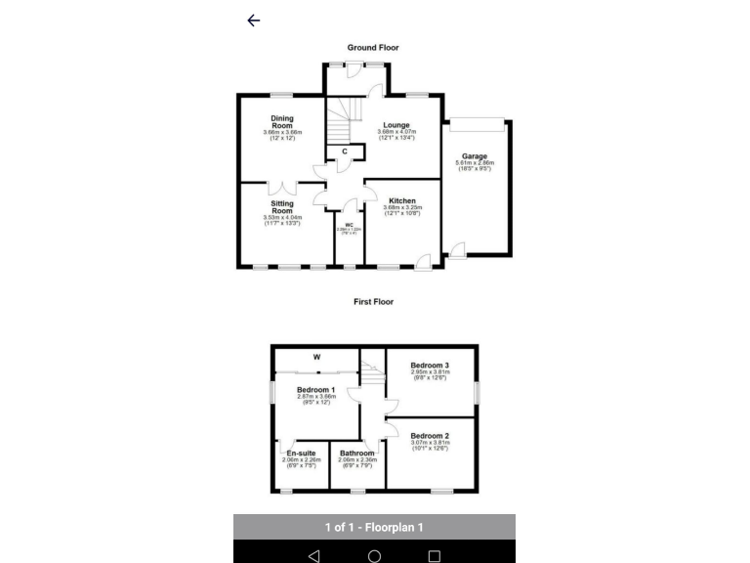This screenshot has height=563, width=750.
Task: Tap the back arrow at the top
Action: coord(254,21)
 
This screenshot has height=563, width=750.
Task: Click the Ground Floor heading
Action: coord(373,47)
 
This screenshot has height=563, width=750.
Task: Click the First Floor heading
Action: coord(373,302)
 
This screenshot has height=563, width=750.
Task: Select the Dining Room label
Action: coord(282,122)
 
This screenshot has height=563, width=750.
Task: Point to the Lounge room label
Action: coord(396,125)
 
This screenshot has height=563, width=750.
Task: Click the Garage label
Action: coord(475,156)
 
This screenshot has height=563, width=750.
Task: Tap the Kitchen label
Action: coord(402,201)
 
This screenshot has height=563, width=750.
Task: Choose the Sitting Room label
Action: coord(282,207)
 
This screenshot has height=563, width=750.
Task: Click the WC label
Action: coord(349,226)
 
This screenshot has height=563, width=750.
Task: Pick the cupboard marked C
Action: coord(345,151)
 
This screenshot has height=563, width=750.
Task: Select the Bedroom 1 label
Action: coord(316,389)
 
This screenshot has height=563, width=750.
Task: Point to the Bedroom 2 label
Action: coord(430,435)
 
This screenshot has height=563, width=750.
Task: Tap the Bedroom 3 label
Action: coord(430,366)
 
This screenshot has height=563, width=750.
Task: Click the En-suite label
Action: coord(301,454)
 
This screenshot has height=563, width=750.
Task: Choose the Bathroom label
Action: coord(357,454)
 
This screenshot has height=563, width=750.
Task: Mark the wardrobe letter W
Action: coord(316,357)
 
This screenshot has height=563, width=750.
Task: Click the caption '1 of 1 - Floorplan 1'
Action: coord(374,528)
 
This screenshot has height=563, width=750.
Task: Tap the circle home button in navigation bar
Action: coord(374,555)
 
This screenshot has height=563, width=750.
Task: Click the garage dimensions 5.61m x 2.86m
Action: coord(475,163)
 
